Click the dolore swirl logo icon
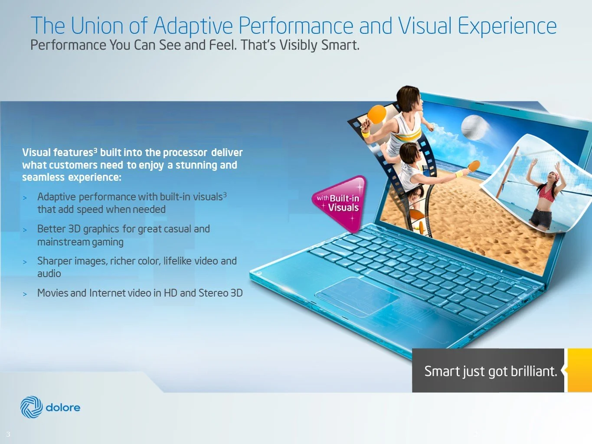31,407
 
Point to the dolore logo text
63,408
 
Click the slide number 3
8,434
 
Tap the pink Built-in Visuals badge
340,202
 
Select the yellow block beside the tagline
579,370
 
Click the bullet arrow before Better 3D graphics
25,230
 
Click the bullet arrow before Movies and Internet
25,294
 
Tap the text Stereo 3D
220,293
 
